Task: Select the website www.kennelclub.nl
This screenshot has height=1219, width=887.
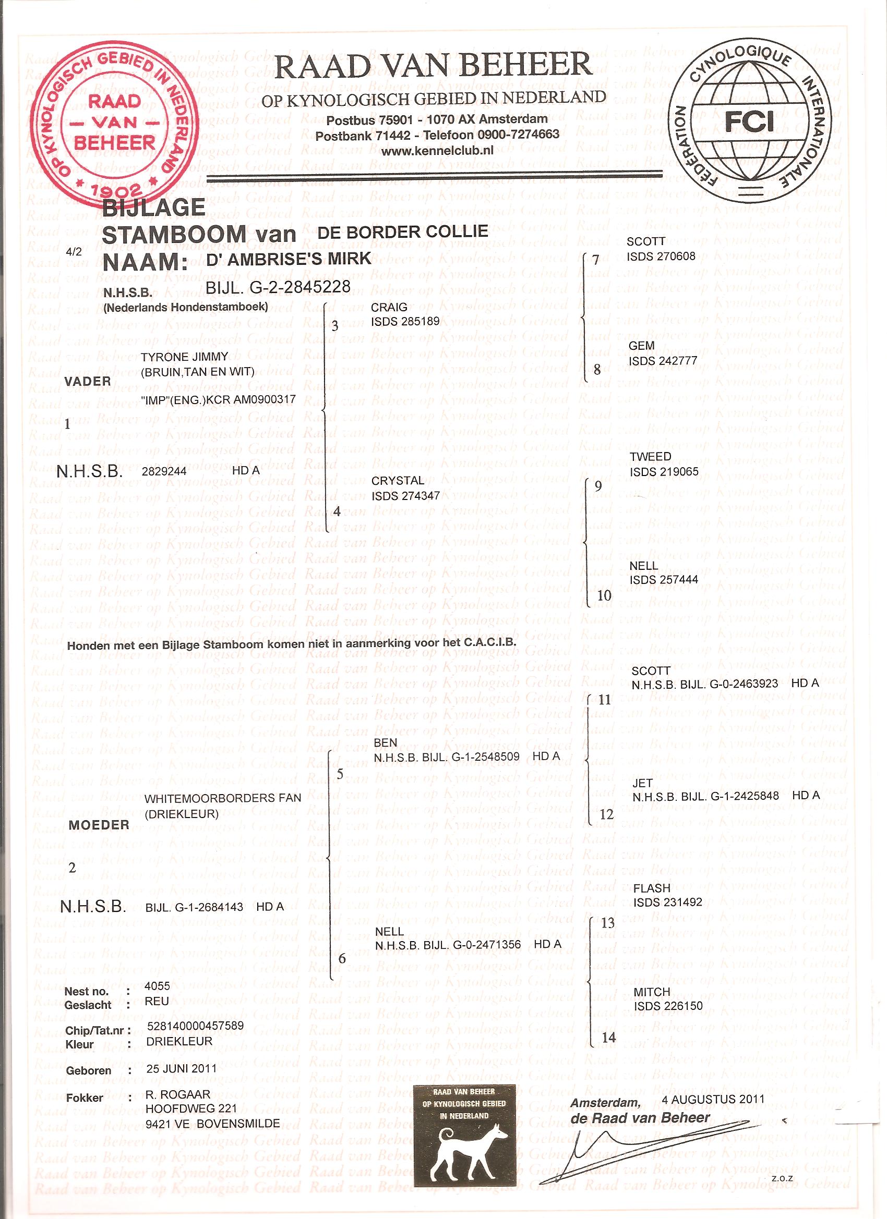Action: tap(437, 151)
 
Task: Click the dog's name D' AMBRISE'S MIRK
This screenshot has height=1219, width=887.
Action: tap(289, 259)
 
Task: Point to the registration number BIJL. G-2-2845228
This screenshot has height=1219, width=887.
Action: tap(278, 287)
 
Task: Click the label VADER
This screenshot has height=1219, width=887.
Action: tap(87, 381)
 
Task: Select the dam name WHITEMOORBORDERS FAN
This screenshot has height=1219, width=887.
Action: tap(223, 798)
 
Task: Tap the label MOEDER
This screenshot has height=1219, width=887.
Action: tap(99, 824)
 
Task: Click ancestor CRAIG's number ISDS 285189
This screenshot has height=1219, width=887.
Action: tap(405, 321)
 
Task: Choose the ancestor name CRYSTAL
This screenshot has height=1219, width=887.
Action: tap(398, 481)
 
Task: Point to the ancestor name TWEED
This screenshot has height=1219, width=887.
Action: tap(650, 456)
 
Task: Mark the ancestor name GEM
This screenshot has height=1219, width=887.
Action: tap(642, 346)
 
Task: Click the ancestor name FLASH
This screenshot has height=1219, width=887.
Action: tap(652, 888)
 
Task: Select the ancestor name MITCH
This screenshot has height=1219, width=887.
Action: tap(652, 992)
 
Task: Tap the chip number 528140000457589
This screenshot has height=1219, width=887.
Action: tap(195, 1026)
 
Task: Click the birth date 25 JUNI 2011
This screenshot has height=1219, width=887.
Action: tap(181, 1068)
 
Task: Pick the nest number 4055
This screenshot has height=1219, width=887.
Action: tap(157, 986)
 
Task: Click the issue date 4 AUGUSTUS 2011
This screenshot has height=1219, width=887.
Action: tap(713, 1099)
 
